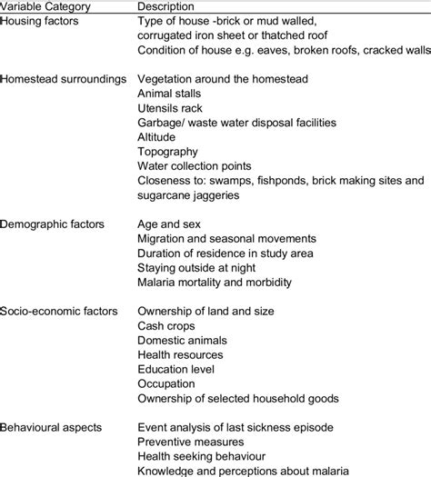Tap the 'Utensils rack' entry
(x=171, y=108)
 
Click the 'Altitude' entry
(x=157, y=137)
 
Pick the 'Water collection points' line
(x=197, y=166)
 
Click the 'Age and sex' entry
(x=170, y=223)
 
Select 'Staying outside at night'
(x=198, y=266)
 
